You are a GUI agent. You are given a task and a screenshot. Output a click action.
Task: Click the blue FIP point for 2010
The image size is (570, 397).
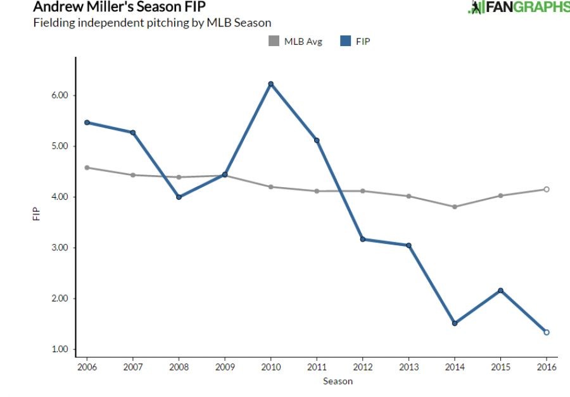pyautogui.click(x=271, y=84)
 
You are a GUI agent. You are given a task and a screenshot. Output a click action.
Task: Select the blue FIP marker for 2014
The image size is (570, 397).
pyautogui.click(x=455, y=323)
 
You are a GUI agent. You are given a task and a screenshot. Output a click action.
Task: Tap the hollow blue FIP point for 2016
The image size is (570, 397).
pyautogui.click(x=547, y=332)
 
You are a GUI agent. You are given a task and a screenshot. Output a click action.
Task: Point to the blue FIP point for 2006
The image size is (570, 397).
pyautogui.click(x=87, y=123)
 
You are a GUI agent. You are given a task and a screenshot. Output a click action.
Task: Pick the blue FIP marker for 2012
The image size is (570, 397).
pyautogui.click(x=363, y=240)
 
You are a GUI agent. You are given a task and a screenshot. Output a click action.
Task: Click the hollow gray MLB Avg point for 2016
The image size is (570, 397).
pyautogui.click(x=547, y=189)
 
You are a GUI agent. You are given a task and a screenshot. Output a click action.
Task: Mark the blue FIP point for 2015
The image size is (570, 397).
pyautogui.click(x=501, y=290)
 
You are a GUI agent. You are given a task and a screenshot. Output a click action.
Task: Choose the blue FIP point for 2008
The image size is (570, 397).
pyautogui.click(x=179, y=197)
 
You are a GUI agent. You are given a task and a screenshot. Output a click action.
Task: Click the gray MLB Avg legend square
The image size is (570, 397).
pyautogui.click(x=274, y=42)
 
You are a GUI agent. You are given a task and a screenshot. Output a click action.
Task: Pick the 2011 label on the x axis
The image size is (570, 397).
pyautogui.click(x=317, y=367)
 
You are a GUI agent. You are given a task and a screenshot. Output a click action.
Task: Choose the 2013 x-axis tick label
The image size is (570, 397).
pyautogui.click(x=408, y=367)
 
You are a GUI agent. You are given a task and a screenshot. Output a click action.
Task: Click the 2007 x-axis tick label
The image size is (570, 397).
pyautogui.click(x=133, y=367)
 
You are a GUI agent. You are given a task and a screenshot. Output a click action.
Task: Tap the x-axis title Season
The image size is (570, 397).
pyautogui.click(x=338, y=381)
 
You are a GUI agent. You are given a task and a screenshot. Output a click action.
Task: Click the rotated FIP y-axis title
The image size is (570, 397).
pyautogui.click(x=35, y=215)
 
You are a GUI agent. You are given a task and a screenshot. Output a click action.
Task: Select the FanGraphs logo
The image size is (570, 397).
pyautogui.click(x=518, y=7)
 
